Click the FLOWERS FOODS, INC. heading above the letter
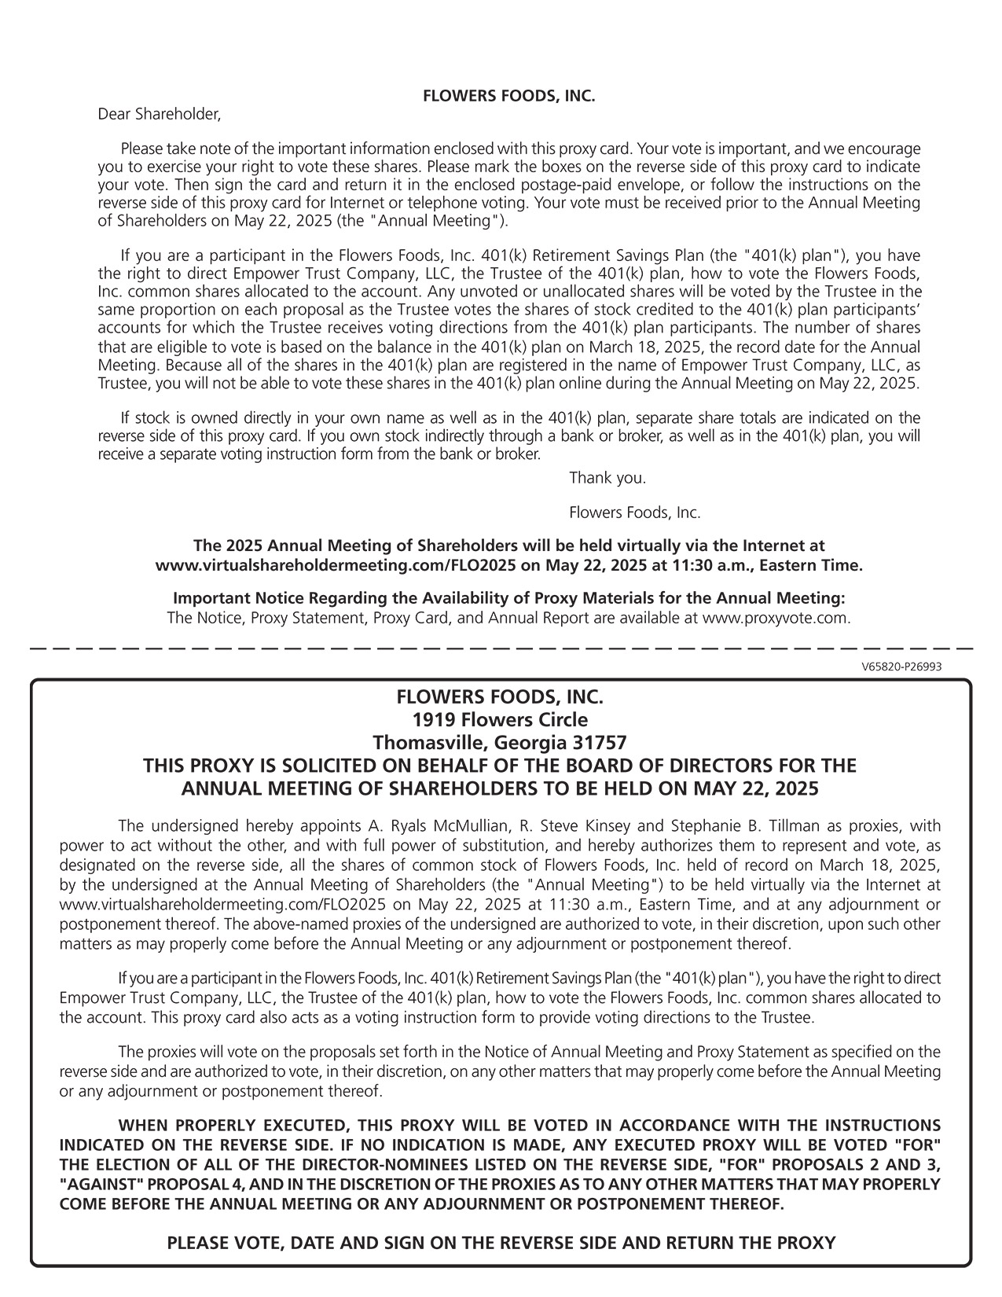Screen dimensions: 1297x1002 (509, 97)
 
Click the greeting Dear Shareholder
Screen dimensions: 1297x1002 (160, 115)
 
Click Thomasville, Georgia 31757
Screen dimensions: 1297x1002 (500, 743)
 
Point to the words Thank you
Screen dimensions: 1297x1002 (607, 478)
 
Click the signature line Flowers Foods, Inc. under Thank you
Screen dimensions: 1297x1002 (634, 513)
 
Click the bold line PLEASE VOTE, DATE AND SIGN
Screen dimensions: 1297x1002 (501, 1243)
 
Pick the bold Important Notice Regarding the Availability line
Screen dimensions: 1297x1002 (508, 599)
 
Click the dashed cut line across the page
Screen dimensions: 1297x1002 (501, 648)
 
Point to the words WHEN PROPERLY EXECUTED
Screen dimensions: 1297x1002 (228, 1126)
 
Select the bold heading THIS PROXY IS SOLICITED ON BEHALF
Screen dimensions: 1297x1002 (500, 766)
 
